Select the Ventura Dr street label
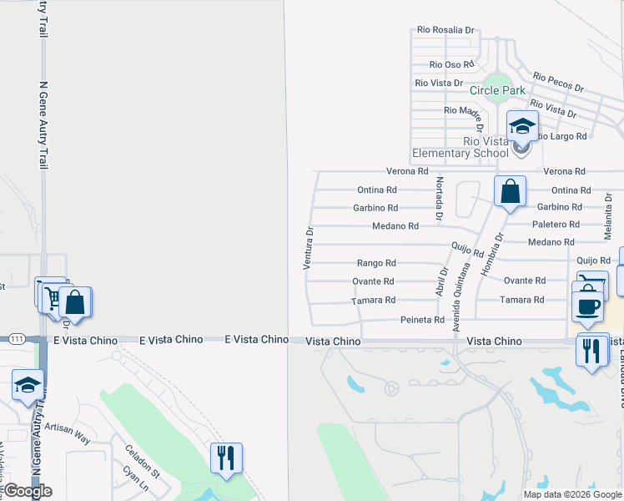pos(308,249)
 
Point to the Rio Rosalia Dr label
pos(446,30)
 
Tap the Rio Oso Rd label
pos(451,64)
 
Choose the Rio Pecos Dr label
pos(558,82)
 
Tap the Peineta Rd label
pos(422,320)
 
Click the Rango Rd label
pos(376,263)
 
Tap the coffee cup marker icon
pos(587,306)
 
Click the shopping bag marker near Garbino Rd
pos(510,191)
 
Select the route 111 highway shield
pos(17,339)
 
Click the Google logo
pos(28,491)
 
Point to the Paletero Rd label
pos(557,225)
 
